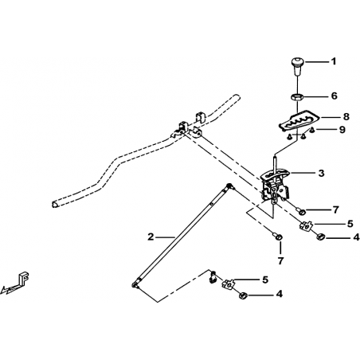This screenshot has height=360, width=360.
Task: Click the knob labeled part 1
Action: pos(297,66)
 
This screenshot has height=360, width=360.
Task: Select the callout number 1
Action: pos(334,61)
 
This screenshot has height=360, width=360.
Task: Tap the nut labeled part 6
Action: pos(296,96)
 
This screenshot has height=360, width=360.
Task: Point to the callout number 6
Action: pos(335,96)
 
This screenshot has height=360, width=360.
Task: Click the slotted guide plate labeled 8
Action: pos(298,120)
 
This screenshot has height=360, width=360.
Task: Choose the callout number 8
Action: pos(346,116)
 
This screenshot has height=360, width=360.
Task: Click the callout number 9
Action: pos(342,130)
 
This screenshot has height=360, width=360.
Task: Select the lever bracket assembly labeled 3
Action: pos(275,186)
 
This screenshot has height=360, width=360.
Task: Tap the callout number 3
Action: pos(322,173)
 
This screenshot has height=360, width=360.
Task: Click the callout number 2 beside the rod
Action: pos(151,237)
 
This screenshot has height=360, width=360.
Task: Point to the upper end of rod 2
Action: pos(229,186)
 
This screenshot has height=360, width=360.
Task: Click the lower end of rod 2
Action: pos(135,285)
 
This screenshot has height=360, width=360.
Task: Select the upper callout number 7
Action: pos(335,209)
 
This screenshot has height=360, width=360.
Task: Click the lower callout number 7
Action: pos(280,260)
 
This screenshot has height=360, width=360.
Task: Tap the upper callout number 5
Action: pos(350,224)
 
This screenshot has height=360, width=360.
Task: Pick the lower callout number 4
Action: pos(280,294)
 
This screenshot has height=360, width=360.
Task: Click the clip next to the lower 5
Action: pos(228,284)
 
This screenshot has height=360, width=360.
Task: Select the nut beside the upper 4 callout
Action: pos(321,236)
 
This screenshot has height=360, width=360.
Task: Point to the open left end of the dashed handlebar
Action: pos(54,204)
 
